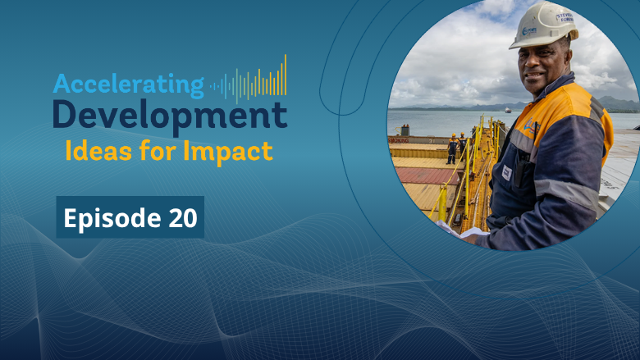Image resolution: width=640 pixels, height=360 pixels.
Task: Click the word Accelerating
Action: [128, 84]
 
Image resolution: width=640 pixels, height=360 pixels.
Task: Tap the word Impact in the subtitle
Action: [228, 153]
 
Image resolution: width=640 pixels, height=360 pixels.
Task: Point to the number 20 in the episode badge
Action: [183, 217]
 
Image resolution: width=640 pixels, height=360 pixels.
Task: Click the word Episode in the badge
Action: [112, 218]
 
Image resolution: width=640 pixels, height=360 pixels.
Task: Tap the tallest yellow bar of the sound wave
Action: [286, 75]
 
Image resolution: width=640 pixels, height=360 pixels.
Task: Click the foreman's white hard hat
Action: [544, 25]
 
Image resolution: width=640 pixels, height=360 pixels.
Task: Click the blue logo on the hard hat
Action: [529, 30]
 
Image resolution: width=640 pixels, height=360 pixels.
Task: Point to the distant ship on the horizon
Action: [508, 110]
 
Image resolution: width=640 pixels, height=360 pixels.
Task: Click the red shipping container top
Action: [424, 175]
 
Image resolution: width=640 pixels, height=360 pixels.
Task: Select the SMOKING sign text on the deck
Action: [399, 140]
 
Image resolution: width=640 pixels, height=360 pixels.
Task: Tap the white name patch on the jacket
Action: [506, 173]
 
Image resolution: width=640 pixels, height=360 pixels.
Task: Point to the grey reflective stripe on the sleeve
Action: [566, 193]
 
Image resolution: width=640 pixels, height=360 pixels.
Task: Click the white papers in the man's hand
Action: [461, 231]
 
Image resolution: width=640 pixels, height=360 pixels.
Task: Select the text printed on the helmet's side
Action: [565, 17]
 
